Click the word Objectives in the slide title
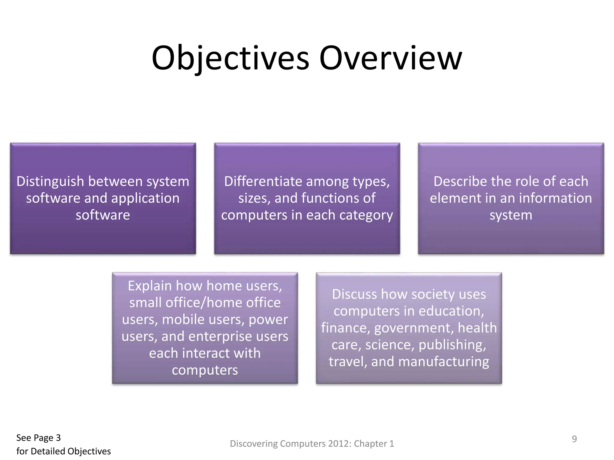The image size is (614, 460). (230, 58)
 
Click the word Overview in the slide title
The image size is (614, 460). (391, 58)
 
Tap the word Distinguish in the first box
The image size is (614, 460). (50, 181)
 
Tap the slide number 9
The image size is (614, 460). (574, 439)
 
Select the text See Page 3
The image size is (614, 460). (38, 438)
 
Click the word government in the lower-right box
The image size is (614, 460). (413, 328)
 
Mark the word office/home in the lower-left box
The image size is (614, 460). (223, 302)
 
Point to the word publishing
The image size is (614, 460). (452, 345)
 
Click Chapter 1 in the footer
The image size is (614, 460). (374, 444)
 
